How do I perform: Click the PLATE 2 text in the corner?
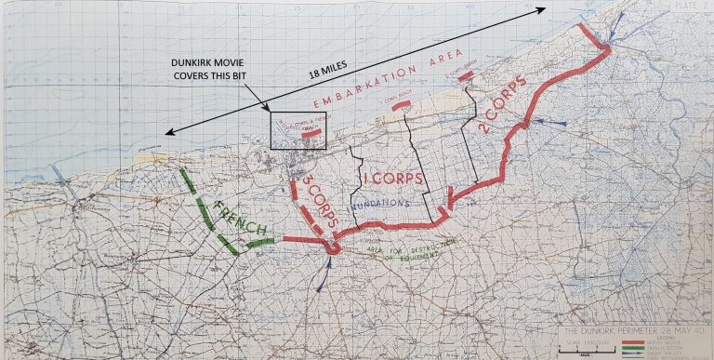tap(685, 7)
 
